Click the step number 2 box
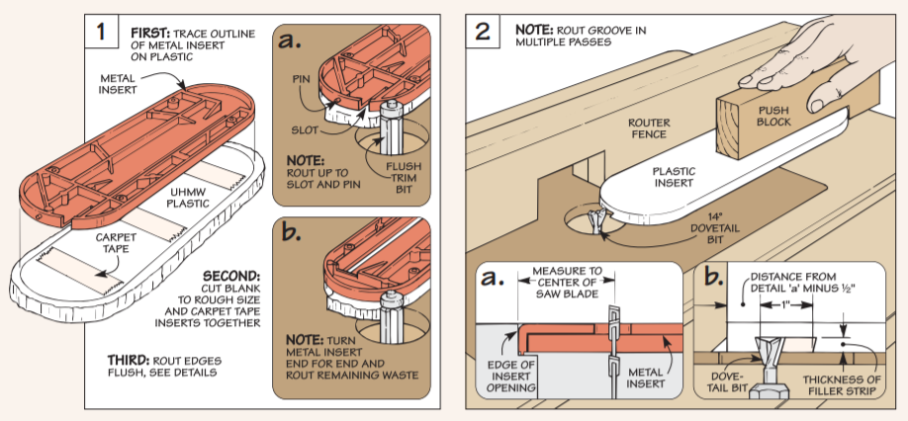click(x=483, y=32)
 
